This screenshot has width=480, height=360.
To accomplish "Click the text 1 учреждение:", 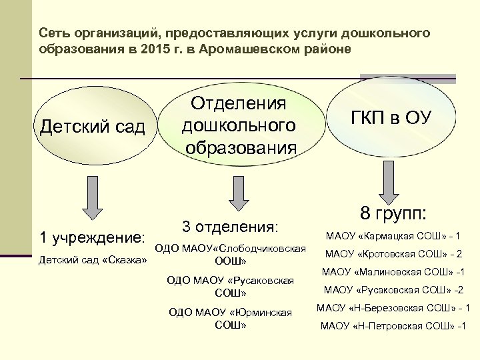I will (93, 237).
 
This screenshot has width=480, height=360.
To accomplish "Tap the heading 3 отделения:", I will (230, 227).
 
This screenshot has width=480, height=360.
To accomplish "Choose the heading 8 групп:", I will (393, 214).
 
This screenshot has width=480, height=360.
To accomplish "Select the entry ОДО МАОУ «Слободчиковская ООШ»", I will (231, 254).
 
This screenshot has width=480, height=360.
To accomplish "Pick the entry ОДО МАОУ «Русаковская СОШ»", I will (231, 287).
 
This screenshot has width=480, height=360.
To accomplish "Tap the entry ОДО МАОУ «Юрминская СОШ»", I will (231, 319).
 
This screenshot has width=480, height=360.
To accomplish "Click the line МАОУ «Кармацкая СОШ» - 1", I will (393, 236).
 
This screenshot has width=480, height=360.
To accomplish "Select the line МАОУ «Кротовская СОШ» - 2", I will (393, 254).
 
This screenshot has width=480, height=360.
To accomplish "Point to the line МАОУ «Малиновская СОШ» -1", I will (393, 272).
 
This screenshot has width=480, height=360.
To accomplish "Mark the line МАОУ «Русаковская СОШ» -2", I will (393, 290).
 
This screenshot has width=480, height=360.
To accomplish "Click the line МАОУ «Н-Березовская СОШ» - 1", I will (393, 308).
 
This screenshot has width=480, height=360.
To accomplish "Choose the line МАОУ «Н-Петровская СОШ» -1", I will (393, 326).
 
